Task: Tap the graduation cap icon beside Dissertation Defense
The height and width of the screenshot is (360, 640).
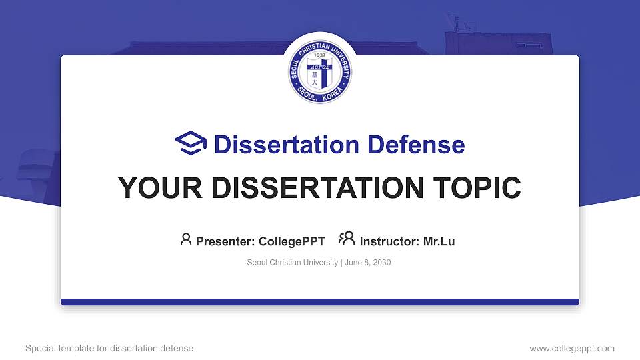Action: tap(191, 144)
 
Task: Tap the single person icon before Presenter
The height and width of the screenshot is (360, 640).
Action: tap(186, 239)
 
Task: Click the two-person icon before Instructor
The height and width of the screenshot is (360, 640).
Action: tap(347, 239)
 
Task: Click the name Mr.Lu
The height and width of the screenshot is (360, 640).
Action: tap(439, 241)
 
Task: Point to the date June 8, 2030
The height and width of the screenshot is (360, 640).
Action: tap(368, 263)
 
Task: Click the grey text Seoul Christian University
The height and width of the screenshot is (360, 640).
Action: tap(292, 263)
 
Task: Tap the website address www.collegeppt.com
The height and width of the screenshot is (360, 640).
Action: tap(572, 349)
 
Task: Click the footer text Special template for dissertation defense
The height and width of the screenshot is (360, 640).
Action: tap(109, 349)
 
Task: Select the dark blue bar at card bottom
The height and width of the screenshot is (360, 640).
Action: tap(320, 302)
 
